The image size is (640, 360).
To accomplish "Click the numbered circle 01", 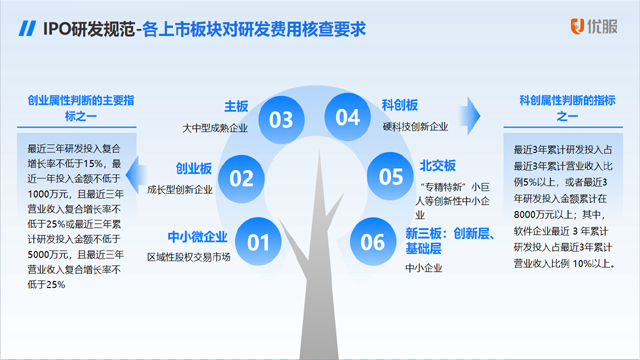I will point(259,242).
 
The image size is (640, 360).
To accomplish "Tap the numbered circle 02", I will point(242,179).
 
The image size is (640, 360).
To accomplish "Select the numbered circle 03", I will point(281,120).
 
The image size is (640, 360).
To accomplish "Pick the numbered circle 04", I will point(347,118).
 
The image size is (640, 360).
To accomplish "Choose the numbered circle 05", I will point(390,177).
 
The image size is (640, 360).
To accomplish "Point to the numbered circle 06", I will point(372,241).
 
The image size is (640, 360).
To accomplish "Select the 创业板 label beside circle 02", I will point(194,168).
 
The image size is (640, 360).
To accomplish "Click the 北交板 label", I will point(437,165).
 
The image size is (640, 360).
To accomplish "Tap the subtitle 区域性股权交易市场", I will point(190,256).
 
